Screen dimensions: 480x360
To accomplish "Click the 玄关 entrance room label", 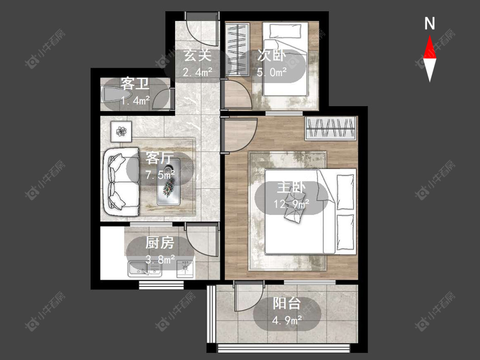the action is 198,56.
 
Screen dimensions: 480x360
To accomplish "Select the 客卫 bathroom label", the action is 135,84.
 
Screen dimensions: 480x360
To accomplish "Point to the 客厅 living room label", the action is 160,158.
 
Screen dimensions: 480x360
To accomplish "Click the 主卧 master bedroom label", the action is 291,187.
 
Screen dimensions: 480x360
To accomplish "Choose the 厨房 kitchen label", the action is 160,243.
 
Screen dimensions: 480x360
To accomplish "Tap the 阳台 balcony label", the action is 287,303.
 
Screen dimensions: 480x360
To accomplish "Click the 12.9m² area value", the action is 291,203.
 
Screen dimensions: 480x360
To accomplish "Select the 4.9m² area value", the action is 287,320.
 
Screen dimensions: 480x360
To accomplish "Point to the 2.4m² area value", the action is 198,72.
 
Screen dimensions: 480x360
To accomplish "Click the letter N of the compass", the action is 430,23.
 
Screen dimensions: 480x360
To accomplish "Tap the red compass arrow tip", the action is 430,36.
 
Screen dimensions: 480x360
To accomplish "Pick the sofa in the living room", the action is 121,182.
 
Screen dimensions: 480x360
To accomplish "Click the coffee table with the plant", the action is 169,182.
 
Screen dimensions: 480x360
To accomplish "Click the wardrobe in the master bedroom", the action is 331,128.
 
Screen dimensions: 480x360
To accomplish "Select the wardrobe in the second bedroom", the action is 238,49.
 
